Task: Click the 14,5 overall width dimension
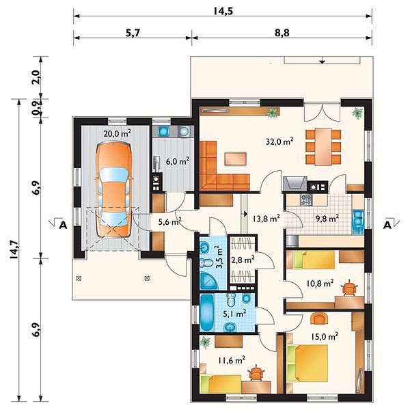point(223,11)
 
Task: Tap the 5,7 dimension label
point(133,33)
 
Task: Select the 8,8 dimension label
point(282,33)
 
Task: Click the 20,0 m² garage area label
point(117,134)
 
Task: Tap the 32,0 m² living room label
point(279,141)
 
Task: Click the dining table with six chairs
point(323,147)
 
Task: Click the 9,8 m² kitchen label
point(327,218)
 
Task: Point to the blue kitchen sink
point(357,217)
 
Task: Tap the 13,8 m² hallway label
point(266,218)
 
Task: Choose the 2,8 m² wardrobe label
point(243,260)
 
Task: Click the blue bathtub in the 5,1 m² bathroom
point(207,313)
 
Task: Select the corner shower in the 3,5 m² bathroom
point(209,280)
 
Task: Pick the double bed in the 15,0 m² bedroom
point(307,364)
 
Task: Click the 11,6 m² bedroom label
point(232,361)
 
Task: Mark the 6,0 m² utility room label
point(178,161)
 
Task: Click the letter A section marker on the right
point(387,225)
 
